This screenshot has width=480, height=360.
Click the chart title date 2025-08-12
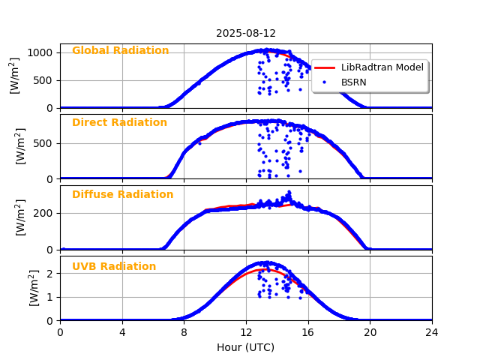246,33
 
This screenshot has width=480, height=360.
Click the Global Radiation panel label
120,51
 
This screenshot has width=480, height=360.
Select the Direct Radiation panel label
119,123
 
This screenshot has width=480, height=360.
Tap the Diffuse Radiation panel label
122,195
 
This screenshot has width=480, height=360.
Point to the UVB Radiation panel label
114,267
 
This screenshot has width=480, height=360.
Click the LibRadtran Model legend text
382,67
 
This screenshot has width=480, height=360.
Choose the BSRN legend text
354,82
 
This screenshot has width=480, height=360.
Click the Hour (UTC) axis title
246,347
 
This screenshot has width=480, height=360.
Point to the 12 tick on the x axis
246,332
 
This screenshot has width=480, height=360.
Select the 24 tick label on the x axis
432,332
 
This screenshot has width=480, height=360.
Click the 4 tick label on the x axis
122,332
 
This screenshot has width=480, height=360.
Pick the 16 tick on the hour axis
308,332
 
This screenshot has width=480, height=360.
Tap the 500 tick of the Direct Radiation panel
44,142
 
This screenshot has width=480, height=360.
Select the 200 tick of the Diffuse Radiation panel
44,213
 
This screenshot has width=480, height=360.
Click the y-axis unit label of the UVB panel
33,288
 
